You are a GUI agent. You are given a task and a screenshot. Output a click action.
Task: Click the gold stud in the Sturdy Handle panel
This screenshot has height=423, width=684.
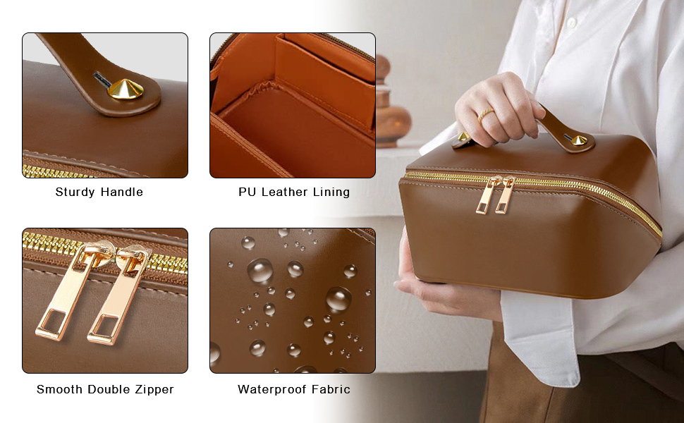pos(126,90)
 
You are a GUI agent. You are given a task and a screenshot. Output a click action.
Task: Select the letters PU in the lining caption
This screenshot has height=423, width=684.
pos(247,192)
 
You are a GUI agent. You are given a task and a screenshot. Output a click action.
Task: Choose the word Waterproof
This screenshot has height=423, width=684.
pos(269,390)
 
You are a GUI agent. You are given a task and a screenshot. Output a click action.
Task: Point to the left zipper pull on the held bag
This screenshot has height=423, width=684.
pos(487,195)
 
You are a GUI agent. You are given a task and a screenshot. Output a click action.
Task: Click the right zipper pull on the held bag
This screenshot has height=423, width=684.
pos(505,195)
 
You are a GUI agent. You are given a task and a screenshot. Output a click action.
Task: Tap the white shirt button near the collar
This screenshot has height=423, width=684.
pos(571,23)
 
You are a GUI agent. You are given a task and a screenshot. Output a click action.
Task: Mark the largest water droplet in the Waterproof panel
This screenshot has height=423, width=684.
pos(260,271)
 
